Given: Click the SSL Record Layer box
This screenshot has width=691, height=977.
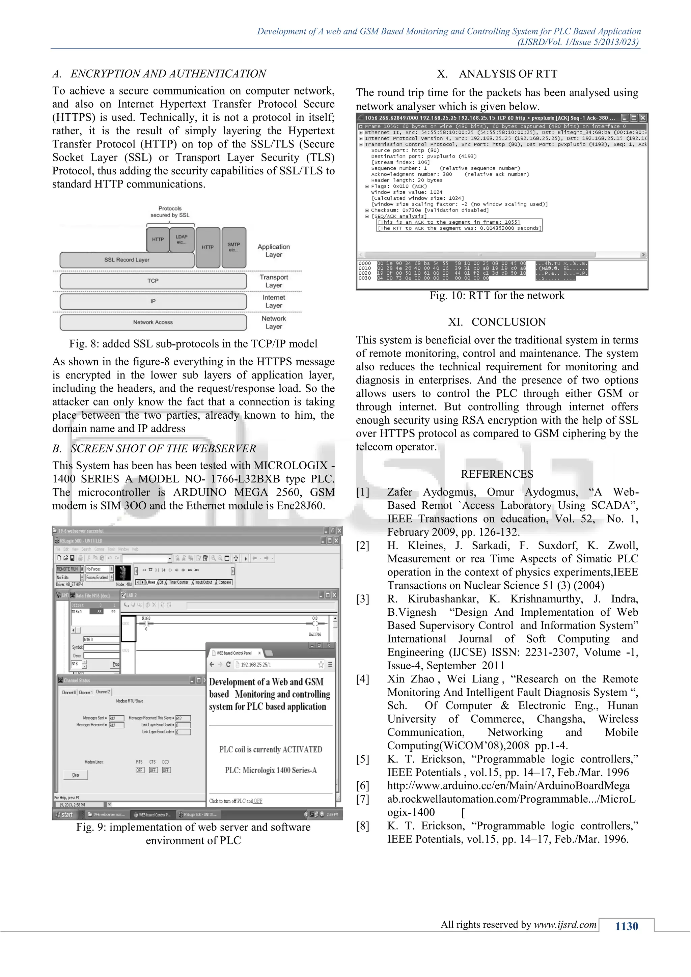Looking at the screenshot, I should click(x=127, y=259).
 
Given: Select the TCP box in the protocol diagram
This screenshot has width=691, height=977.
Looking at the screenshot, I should click(x=153, y=281).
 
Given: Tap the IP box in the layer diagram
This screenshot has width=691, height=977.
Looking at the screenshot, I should click(x=153, y=301).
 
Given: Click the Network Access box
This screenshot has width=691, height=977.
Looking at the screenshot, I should click(x=153, y=322).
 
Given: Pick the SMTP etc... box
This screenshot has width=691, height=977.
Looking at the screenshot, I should click(x=233, y=247).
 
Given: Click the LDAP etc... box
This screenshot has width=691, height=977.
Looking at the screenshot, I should click(x=182, y=239).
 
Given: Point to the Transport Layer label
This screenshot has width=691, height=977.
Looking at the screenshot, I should click(x=274, y=281).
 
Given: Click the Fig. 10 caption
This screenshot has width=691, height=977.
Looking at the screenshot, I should click(x=497, y=296).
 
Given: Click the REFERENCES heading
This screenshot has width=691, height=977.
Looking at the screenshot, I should click(x=497, y=474).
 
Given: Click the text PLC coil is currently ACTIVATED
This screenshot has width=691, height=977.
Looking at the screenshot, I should click(x=271, y=749).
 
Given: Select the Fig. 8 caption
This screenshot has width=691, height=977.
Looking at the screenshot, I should click(x=193, y=344).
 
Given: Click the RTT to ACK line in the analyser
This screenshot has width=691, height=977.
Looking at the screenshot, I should click(x=460, y=228).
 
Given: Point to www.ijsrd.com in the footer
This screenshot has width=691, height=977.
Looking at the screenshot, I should click(x=565, y=925).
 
